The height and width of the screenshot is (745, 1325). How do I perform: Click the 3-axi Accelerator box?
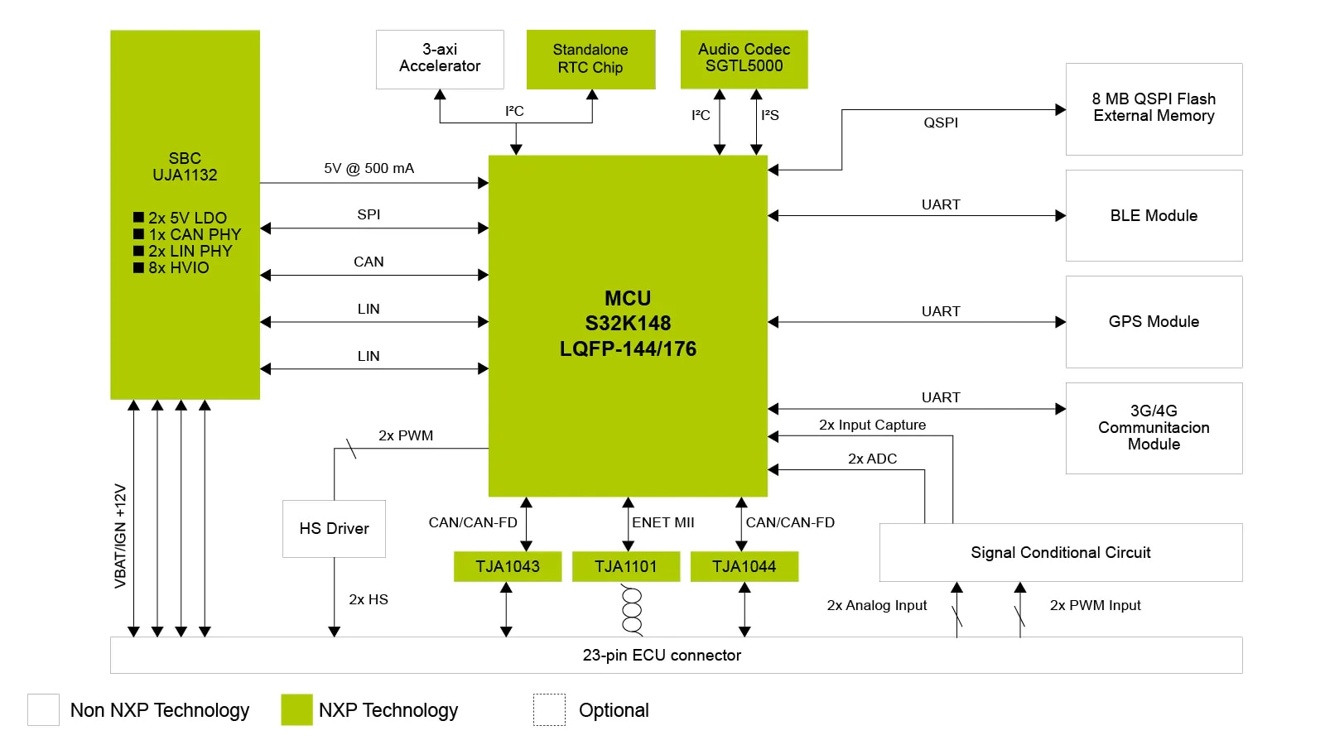tap(440, 59)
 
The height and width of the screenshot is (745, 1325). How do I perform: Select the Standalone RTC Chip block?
tap(590, 59)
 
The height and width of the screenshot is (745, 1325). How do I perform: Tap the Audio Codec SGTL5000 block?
tap(744, 59)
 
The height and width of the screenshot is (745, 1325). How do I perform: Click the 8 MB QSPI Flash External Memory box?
tap(1154, 108)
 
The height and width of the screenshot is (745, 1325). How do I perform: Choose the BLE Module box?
tap(1154, 215)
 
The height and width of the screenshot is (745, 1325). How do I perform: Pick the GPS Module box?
tap(1154, 321)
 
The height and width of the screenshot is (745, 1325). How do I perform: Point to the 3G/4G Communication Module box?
tap(1154, 427)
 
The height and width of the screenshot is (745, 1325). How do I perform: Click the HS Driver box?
tap(334, 528)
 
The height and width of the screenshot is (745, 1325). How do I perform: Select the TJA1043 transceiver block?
tap(507, 566)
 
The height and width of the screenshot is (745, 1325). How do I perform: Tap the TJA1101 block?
tap(625, 566)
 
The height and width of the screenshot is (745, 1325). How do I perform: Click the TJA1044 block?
tap(744, 566)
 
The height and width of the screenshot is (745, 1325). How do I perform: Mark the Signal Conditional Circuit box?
tap(1060, 552)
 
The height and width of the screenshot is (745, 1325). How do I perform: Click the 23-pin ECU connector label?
tap(662, 655)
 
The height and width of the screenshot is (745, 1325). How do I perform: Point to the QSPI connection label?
tap(941, 123)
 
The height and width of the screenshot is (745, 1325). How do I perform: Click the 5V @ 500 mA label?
tap(369, 169)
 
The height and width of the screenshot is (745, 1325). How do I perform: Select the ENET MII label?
tap(662, 522)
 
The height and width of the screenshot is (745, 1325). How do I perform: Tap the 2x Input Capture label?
tap(872, 425)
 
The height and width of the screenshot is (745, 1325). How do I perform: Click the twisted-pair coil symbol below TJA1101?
tap(632, 611)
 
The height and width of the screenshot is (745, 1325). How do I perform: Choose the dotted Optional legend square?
tap(549, 709)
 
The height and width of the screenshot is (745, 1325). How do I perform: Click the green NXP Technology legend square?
tap(296, 709)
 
